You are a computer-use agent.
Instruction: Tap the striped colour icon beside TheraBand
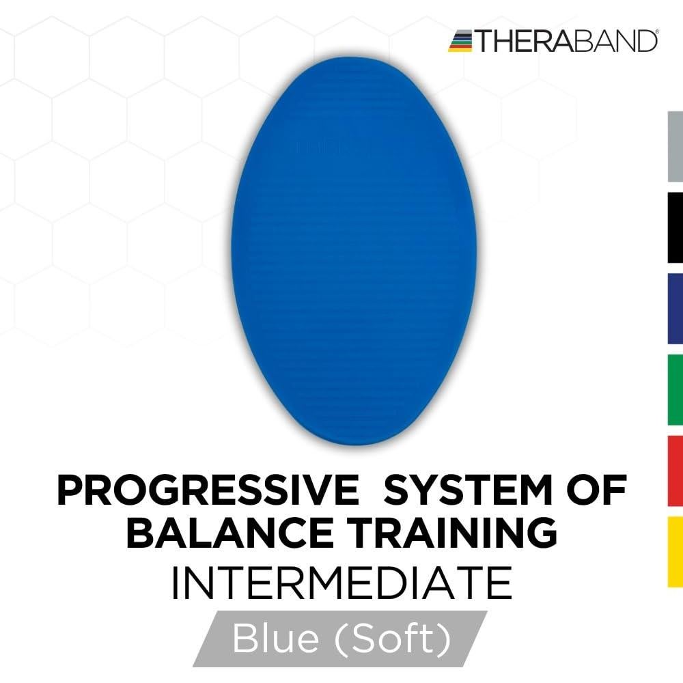460,41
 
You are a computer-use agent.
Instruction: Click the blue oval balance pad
354,251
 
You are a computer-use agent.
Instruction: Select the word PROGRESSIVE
208,490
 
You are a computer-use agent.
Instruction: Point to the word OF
596,490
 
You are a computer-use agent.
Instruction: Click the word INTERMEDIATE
342,583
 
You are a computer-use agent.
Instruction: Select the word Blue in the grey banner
276,638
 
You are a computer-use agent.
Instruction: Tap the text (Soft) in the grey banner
393,639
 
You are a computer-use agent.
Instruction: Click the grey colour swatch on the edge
675,147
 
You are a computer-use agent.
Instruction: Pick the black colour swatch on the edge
675,228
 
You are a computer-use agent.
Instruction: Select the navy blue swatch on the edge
675,309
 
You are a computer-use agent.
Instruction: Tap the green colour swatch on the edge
675,390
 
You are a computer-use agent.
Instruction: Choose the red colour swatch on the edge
675,471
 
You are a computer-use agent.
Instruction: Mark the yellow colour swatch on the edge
675,552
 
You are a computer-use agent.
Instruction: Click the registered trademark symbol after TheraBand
657,31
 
